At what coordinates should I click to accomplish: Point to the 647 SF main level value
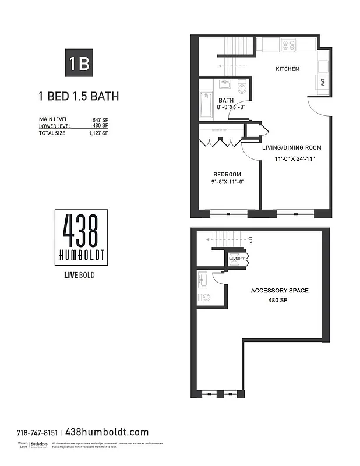click(x=100, y=119)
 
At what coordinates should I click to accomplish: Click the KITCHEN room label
click(x=287, y=69)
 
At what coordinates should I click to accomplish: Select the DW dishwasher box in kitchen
click(x=322, y=83)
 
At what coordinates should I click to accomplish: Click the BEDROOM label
click(x=227, y=175)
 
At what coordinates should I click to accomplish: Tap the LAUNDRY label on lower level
click(x=237, y=257)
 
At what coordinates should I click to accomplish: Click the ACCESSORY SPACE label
click(x=280, y=290)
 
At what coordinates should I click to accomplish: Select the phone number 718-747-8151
click(x=37, y=433)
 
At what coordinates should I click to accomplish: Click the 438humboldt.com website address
click(x=107, y=432)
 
